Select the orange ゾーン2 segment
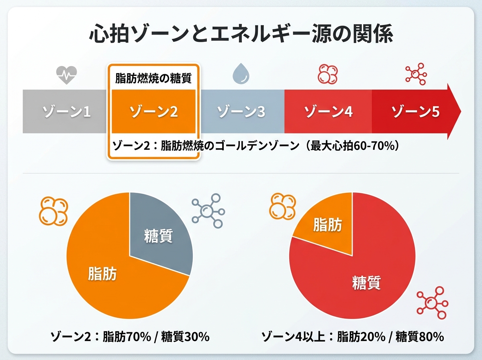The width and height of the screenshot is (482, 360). [x=154, y=112]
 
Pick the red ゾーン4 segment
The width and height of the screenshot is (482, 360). [x=328, y=112]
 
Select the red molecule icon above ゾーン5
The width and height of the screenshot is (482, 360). [x=416, y=74]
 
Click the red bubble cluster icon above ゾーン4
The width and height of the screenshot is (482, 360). [x=328, y=74]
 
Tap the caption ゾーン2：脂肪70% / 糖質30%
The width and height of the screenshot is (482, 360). [x=130, y=337]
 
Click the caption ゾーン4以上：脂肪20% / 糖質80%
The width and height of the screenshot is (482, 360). [x=353, y=337]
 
